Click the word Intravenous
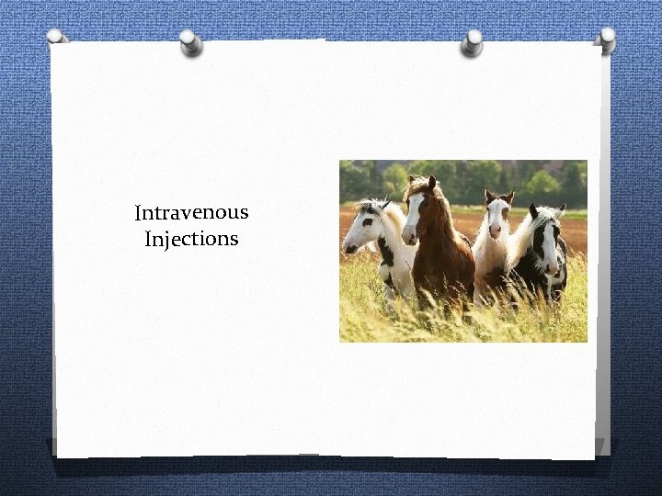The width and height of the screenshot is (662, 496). click(x=191, y=213)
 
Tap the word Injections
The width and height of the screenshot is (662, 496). click(x=191, y=240)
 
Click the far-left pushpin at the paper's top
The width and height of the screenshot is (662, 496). click(x=57, y=38)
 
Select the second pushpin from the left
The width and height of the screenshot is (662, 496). click(x=190, y=40)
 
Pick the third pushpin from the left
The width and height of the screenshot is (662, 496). click(x=472, y=40)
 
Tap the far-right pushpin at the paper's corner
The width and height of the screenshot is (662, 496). click(x=606, y=38)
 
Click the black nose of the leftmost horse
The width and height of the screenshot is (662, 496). click(x=348, y=247)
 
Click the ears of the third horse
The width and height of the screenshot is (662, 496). click(x=499, y=196)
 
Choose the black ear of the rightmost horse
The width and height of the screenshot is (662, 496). click(x=533, y=210)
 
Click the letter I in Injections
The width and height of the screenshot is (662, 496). click(x=149, y=240)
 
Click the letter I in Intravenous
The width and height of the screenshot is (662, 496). click(x=138, y=213)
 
